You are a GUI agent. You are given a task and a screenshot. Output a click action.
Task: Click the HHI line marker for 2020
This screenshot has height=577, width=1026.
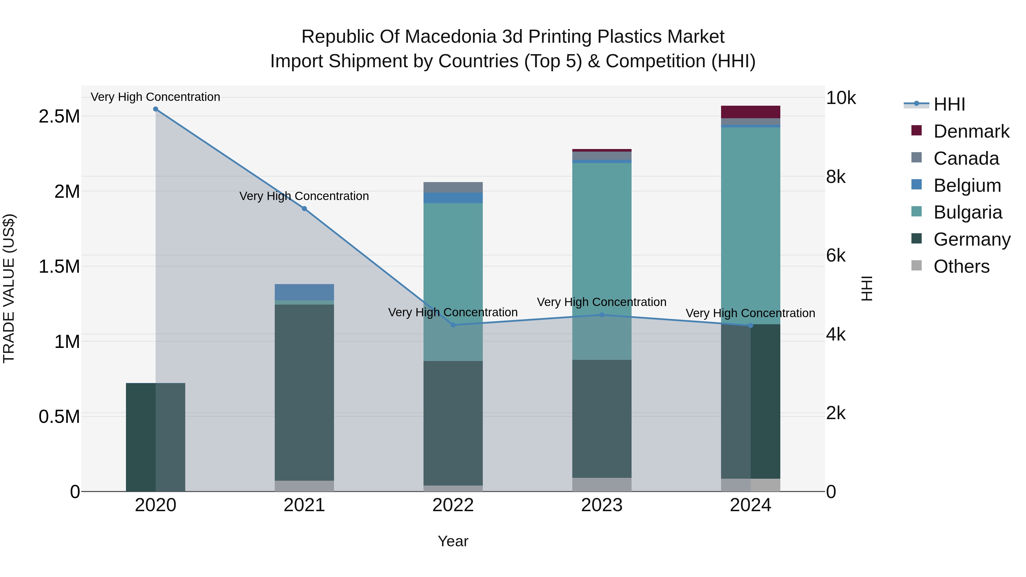click(x=156, y=109)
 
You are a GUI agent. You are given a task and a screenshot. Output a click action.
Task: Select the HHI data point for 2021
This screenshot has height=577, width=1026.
click(x=304, y=209)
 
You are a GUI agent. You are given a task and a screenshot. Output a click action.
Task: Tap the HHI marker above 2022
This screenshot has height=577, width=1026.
click(x=453, y=325)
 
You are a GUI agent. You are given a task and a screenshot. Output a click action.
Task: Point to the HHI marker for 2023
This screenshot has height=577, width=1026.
click(x=602, y=315)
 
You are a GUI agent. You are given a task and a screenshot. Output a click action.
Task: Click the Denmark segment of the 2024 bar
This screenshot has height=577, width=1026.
click(x=750, y=112)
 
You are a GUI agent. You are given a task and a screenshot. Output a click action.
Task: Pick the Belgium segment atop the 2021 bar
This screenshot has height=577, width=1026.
click(x=304, y=292)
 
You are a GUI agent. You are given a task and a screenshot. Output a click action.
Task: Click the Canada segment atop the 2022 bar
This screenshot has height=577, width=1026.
click(x=453, y=187)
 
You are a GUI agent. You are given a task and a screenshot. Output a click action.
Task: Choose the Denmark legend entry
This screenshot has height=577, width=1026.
click(x=971, y=131)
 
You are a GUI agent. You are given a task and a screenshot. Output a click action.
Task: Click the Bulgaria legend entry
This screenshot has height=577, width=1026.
click(x=968, y=212)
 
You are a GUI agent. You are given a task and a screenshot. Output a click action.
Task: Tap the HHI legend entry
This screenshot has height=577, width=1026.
click(x=949, y=104)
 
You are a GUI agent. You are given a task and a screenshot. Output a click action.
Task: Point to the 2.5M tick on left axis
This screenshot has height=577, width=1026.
click(x=59, y=116)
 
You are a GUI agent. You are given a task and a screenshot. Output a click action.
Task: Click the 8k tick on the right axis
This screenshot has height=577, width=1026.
click(x=835, y=176)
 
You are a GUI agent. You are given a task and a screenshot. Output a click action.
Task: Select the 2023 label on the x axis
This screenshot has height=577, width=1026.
click(x=602, y=505)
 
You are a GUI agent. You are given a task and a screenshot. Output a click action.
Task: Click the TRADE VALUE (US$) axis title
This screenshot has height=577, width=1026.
click(x=9, y=288)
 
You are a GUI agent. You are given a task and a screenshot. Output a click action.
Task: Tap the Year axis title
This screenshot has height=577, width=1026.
click(x=453, y=541)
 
